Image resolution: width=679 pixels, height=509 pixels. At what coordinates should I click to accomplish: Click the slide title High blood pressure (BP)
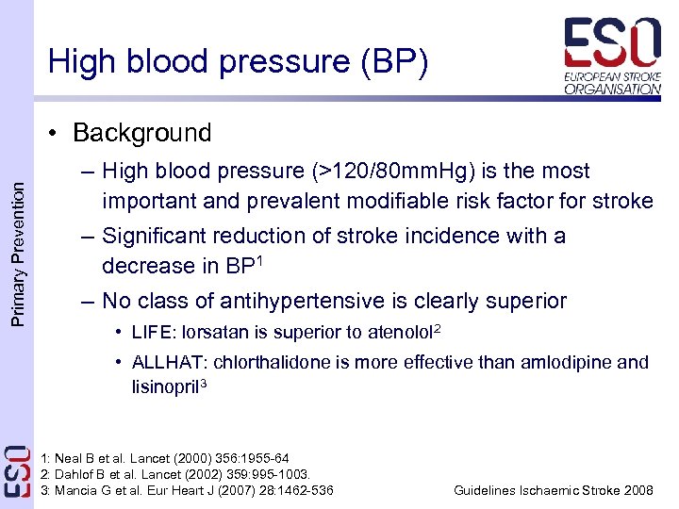(x=238, y=62)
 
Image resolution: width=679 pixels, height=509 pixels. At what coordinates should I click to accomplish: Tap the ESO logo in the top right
(x=612, y=55)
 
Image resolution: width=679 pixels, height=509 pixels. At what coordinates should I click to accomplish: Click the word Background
(x=141, y=133)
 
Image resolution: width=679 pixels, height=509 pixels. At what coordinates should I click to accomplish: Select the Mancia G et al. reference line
(x=188, y=490)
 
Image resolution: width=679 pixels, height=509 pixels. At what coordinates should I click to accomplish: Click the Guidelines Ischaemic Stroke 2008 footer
(x=553, y=490)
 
